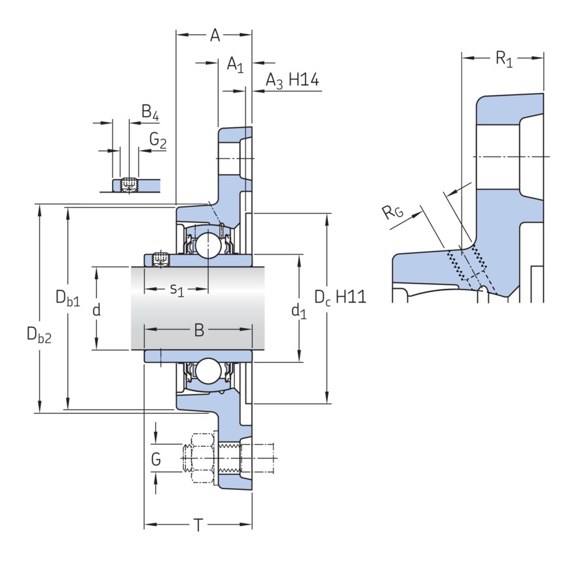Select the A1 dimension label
tap(235, 65)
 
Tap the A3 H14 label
tap(292, 81)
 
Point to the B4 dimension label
tap(151, 113)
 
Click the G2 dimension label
tap(158, 140)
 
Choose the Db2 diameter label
tap(39, 335)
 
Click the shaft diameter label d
tap(96, 310)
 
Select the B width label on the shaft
tap(199, 331)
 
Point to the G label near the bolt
tap(156, 460)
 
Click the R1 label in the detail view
tap(503, 60)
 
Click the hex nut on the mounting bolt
tap(204, 452)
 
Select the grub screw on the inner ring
tap(158, 260)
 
